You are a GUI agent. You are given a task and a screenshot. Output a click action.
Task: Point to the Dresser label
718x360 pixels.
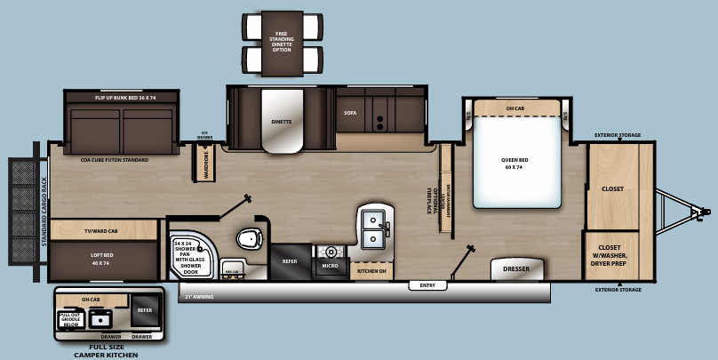516,268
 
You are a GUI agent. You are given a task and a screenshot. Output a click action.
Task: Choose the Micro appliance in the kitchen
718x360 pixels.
330,266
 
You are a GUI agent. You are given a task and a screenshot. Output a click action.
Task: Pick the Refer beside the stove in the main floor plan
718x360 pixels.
290,261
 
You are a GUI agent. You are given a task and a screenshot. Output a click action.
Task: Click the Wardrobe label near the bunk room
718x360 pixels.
205,164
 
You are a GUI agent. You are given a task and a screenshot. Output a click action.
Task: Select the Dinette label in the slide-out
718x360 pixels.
282,122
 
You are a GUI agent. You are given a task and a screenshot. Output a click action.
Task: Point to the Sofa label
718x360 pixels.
350,113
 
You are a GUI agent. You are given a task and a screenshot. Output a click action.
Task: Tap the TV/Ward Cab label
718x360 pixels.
100,231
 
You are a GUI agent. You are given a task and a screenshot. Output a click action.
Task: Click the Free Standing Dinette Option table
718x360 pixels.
282,41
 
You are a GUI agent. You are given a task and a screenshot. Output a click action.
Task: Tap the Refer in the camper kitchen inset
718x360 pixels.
145,310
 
